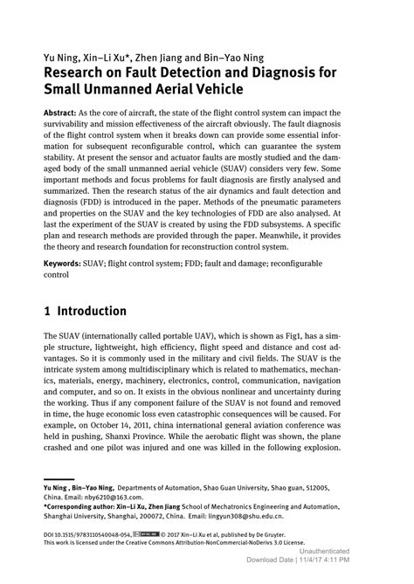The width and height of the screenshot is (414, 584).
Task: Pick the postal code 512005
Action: pyautogui.click(x=313, y=487)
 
